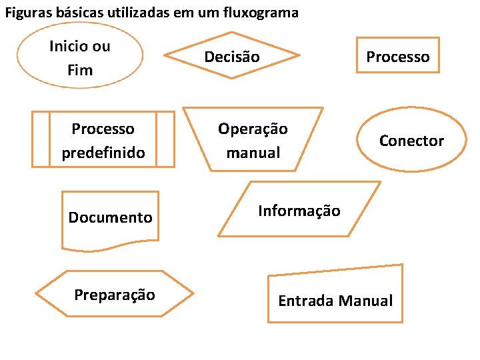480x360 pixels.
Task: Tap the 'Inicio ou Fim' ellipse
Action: tap(80, 57)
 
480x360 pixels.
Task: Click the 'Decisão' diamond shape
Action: tap(231, 56)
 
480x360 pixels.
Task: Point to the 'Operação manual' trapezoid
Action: tap(253, 140)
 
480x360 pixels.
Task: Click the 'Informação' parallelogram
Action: tap(299, 211)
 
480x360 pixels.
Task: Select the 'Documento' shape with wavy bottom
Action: tap(110, 218)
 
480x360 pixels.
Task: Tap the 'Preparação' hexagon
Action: tap(115, 295)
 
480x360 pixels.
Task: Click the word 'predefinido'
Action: tap(103, 153)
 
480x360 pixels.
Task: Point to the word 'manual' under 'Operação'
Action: tap(253, 153)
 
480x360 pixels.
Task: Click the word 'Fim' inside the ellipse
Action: tap(80, 70)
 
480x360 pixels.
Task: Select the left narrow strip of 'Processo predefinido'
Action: tap(41, 139)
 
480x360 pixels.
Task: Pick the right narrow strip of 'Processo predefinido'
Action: tap(165, 139)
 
